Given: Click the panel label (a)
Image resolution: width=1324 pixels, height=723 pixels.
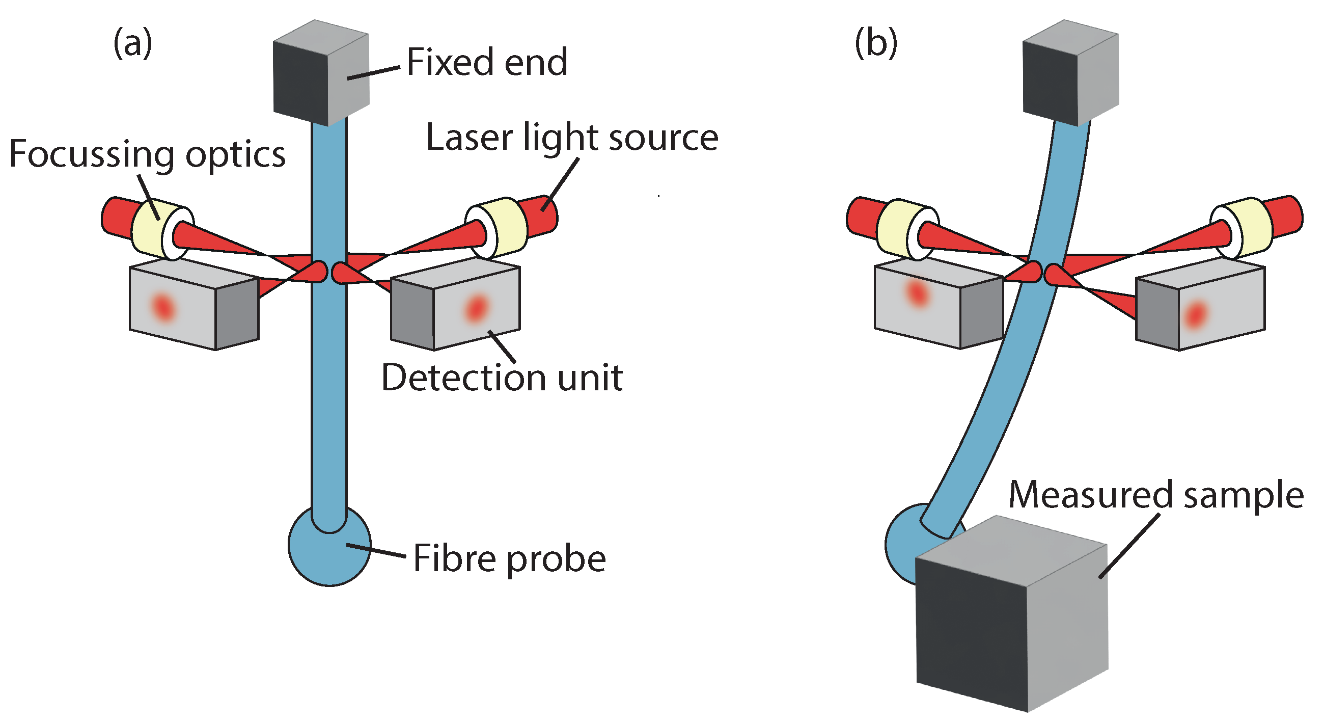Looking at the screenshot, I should (x=132, y=43).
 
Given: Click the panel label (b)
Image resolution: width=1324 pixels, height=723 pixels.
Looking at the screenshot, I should (x=876, y=43).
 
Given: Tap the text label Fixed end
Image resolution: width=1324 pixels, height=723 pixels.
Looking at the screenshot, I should (x=487, y=62).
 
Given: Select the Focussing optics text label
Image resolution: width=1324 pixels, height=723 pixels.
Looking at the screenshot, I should (x=148, y=154).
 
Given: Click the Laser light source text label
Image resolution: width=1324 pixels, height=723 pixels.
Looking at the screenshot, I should (x=571, y=138).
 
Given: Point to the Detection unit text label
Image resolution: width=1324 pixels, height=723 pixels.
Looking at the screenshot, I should (x=502, y=378).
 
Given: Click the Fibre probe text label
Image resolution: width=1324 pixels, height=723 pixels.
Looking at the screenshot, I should (x=509, y=559).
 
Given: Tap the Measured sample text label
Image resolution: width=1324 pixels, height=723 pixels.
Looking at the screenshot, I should (x=1156, y=495).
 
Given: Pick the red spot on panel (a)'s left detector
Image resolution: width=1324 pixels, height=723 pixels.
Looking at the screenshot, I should (x=163, y=308).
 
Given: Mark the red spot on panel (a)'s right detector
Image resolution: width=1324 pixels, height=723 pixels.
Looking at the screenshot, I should (x=476, y=308).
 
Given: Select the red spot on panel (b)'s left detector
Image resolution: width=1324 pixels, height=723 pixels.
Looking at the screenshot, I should (x=917, y=293).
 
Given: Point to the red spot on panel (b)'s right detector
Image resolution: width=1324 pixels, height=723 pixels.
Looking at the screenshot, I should (x=1196, y=314).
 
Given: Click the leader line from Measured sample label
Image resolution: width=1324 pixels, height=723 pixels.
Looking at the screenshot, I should (x=1129, y=546).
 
